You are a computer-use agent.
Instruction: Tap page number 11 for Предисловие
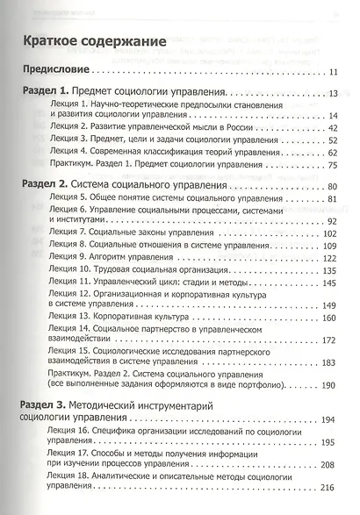333,70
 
